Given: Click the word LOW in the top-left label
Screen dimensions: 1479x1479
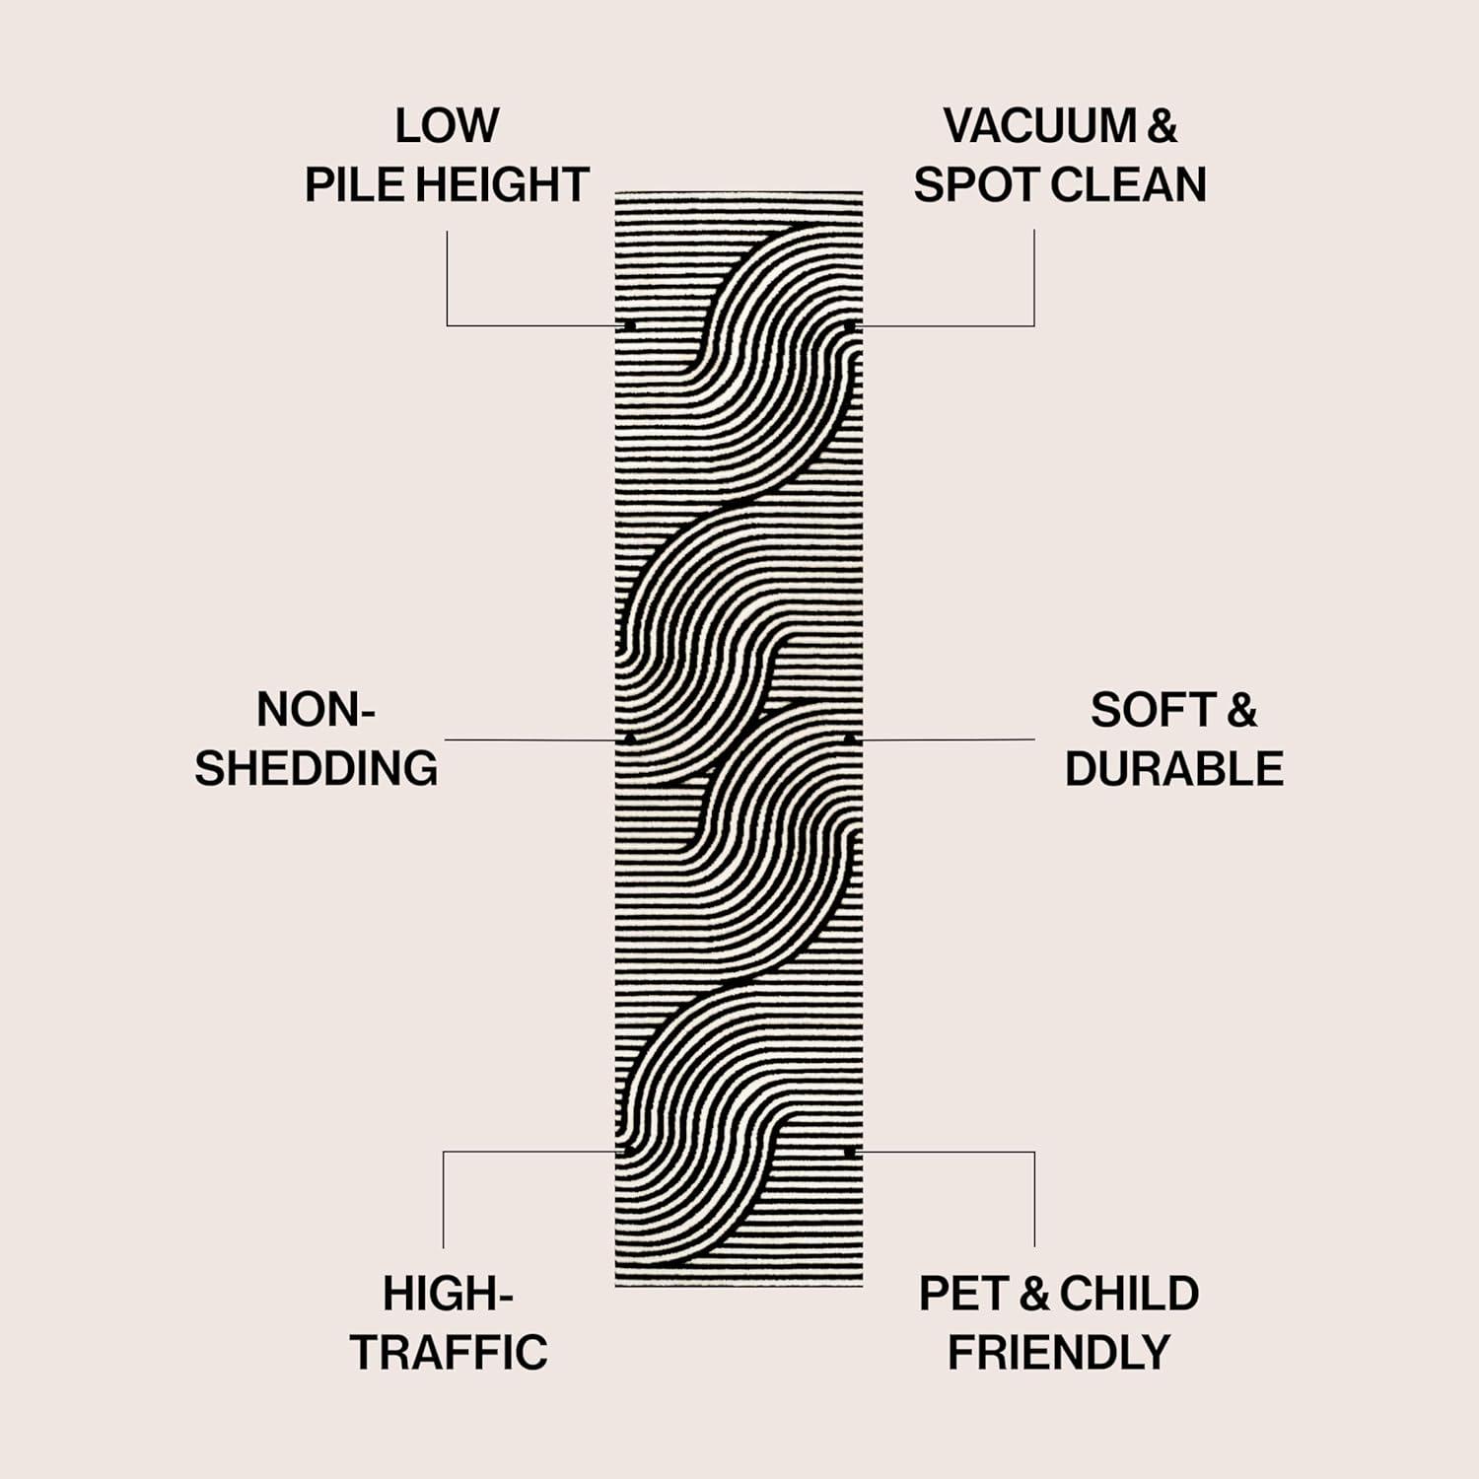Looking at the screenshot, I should coord(447,126).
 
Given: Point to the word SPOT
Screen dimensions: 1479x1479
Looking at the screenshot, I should coord(973,185).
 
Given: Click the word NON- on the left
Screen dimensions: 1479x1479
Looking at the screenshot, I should coord(316,710).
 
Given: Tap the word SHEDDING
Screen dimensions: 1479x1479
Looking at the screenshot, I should coord(316,769).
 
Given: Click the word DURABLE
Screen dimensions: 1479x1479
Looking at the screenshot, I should coord(1173,769).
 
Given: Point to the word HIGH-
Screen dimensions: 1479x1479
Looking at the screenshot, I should coord(448,1294).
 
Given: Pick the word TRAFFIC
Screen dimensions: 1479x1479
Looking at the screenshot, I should coord(449,1353).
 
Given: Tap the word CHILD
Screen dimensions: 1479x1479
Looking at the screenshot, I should coord(1129,1294).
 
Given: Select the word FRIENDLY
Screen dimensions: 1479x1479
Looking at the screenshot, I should coord(1059,1353).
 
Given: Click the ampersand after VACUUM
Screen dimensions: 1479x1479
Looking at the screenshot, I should coord(1162,126).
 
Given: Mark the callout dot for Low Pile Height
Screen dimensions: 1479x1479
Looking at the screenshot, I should coord(629,324).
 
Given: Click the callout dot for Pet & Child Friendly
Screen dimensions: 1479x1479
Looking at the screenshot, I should coord(849,1151).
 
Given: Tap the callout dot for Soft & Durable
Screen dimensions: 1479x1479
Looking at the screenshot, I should coord(849,738).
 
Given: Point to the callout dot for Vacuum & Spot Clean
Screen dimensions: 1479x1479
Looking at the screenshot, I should coord(849,324).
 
